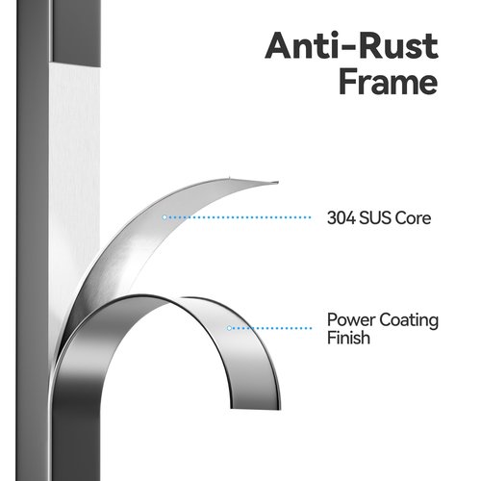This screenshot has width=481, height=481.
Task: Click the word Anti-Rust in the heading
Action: click(351, 45)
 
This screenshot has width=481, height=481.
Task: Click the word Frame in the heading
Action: click(388, 81)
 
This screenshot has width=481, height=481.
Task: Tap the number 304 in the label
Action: click(342, 218)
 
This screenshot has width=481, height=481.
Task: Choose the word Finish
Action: click(348, 338)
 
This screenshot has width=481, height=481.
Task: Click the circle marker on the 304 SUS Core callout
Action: click(165, 217)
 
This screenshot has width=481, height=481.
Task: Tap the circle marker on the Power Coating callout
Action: click(229, 328)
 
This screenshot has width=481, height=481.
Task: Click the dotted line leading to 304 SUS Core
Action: click(239, 217)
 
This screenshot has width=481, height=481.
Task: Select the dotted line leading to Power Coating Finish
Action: click(271, 328)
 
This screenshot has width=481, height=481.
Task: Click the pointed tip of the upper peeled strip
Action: click(277, 183)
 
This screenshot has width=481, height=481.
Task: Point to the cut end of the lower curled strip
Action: click(255, 409)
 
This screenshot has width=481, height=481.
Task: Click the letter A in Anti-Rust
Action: click(279, 45)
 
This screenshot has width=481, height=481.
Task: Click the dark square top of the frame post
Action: click(76, 32)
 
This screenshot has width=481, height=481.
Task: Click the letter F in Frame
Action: click(347, 81)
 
